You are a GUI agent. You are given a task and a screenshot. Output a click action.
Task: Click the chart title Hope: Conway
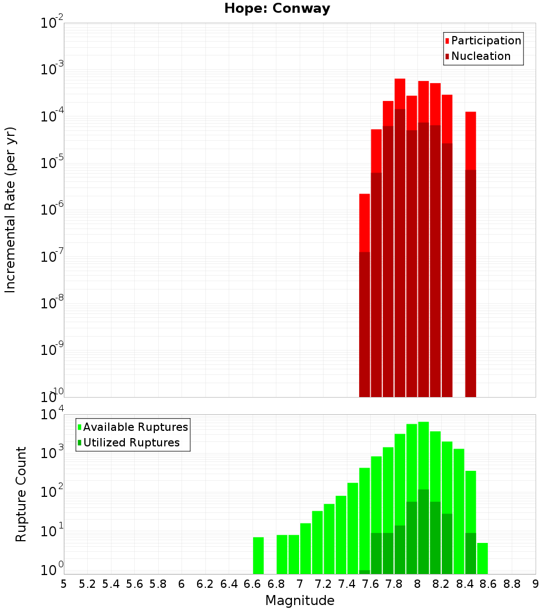click(277, 9)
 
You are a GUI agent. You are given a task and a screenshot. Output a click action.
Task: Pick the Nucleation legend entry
click(480, 56)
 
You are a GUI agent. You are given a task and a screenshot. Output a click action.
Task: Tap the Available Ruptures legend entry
click(135, 427)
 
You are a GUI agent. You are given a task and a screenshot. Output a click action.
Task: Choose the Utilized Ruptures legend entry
click(131, 443)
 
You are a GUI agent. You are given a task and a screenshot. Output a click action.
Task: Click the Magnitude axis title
click(300, 601)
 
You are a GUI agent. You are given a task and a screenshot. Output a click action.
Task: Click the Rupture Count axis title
click(21, 494)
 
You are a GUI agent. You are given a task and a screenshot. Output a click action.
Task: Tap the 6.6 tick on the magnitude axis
click(253, 584)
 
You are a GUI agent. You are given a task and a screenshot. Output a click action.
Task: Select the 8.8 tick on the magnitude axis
click(512, 584)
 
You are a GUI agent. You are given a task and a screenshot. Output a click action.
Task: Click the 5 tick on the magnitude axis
click(64, 584)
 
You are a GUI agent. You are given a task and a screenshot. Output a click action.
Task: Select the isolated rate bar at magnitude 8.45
click(471, 250)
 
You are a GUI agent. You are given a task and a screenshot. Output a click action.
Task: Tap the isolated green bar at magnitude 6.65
click(259, 555)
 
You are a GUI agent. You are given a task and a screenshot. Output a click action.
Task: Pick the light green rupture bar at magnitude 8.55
click(482, 558)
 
